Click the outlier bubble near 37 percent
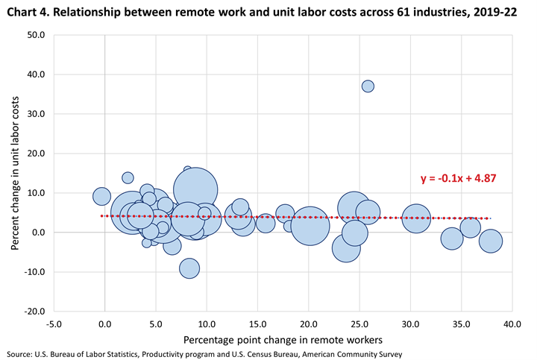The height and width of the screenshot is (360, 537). pyautogui.click(x=368, y=86)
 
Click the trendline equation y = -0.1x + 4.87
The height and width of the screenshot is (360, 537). pyautogui.click(x=459, y=179)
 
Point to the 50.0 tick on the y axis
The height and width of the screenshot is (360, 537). pyautogui.click(x=35, y=35)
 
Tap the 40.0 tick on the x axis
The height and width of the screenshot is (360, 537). pyautogui.click(x=512, y=324)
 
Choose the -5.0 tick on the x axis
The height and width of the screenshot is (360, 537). pyautogui.click(x=54, y=324)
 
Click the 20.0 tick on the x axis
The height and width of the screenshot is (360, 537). pyautogui.click(x=308, y=324)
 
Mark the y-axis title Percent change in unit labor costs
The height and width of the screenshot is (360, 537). pyautogui.click(x=15, y=172)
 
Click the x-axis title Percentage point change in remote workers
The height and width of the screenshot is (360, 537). pyautogui.click(x=282, y=340)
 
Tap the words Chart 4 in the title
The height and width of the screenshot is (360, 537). pyautogui.click(x=27, y=10)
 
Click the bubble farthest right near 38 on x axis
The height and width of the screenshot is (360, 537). pyautogui.click(x=490, y=241)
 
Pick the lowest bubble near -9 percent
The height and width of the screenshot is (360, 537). pyautogui.click(x=189, y=268)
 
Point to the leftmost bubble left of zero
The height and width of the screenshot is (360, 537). pyautogui.click(x=101, y=197)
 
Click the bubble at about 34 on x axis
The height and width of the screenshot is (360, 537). pyautogui.click(x=452, y=239)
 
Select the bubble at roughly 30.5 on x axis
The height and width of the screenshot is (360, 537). pyautogui.click(x=416, y=218)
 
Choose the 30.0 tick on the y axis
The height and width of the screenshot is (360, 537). pyautogui.click(x=35, y=114)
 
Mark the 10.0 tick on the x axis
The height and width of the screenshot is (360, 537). pyautogui.click(x=207, y=324)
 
